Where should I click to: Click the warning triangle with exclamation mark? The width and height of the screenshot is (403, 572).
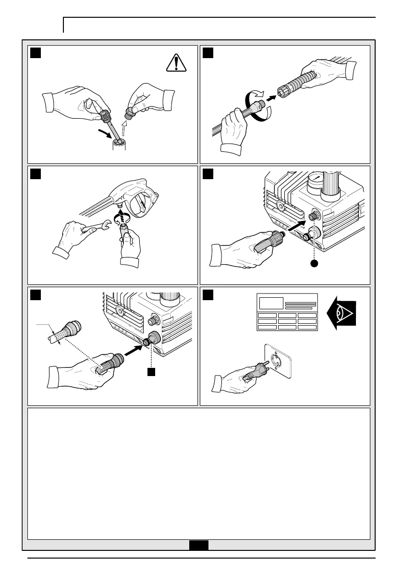176,63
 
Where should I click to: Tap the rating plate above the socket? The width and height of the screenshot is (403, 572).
287,312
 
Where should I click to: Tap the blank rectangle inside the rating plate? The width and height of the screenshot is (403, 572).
270,303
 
